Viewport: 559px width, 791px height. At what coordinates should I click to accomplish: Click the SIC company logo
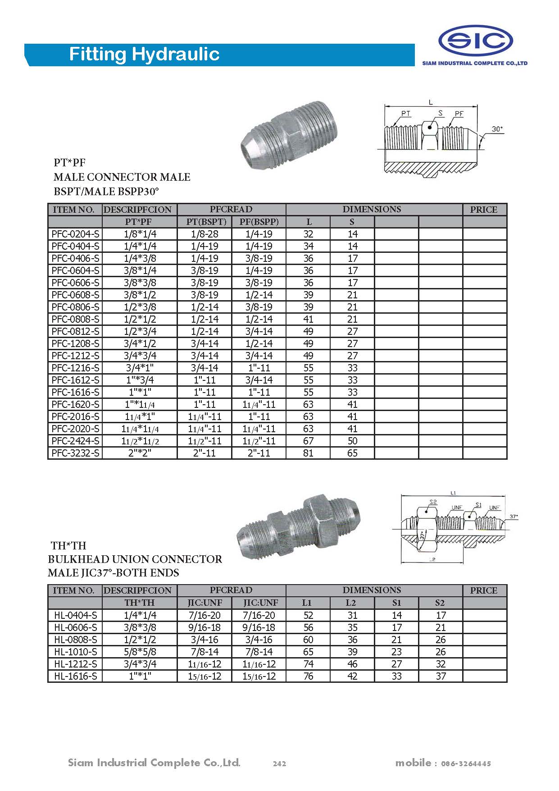[476, 41]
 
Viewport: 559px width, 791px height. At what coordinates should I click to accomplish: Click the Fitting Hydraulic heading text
[144, 55]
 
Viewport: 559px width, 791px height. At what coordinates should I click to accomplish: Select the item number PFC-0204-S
[75, 234]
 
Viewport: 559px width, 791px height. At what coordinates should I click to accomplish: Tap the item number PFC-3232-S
[75, 453]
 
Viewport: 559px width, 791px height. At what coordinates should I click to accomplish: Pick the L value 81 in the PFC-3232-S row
[308, 453]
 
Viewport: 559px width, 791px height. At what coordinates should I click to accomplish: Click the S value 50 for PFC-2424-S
[352, 441]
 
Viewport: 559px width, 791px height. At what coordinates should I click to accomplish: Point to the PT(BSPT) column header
[205, 222]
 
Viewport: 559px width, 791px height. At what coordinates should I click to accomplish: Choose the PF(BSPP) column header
[259, 222]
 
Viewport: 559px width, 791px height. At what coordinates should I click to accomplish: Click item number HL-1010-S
[75, 652]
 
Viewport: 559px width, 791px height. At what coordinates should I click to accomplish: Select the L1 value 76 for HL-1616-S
[308, 676]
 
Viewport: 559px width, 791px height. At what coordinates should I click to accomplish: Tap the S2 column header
[440, 603]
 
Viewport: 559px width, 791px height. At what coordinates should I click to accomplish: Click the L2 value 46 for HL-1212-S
[352, 664]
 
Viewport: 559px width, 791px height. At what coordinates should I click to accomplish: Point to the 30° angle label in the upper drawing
[497, 129]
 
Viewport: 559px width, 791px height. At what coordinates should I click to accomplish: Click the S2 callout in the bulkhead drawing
[433, 502]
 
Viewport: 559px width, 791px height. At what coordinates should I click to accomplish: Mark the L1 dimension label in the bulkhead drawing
[453, 493]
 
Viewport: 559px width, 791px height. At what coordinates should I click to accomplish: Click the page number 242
[279, 764]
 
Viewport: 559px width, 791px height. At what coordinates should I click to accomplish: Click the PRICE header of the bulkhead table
[484, 590]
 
